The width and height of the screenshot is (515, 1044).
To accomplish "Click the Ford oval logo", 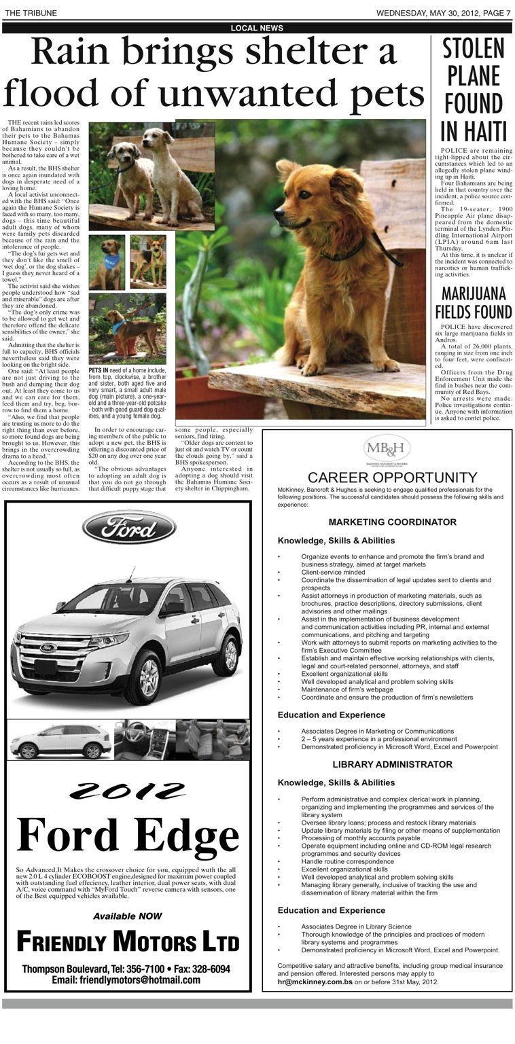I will [129, 528].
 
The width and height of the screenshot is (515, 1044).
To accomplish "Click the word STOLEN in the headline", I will [474, 49].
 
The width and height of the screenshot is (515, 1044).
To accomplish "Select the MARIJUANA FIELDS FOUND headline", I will [474, 303].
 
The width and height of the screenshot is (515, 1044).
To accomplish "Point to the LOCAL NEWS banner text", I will [257, 28].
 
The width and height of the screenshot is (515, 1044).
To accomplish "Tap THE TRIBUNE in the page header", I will [31, 13].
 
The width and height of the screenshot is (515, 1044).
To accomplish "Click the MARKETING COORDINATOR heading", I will [392, 522].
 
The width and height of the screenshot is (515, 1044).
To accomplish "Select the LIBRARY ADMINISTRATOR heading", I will [392, 764].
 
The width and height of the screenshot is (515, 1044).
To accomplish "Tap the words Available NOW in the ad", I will [128, 916].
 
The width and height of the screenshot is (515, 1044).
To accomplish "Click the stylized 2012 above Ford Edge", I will [128, 790].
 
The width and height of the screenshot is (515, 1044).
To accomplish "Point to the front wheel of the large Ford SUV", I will [149, 677].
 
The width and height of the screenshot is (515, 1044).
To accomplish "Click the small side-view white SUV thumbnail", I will [60, 740].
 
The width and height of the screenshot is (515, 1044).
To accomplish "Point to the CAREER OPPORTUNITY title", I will [387, 478].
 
